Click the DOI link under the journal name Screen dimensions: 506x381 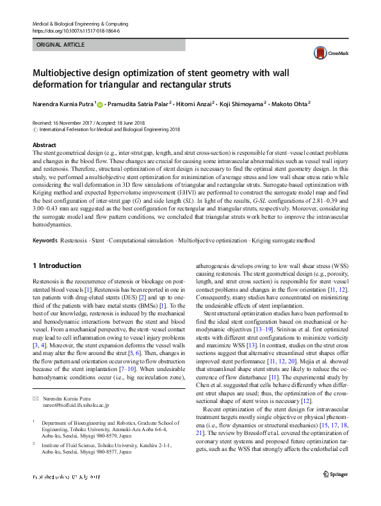[x=76, y=30]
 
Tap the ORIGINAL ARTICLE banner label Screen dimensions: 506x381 [x=61, y=45]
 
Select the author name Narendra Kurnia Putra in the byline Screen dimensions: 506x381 [x=63, y=103]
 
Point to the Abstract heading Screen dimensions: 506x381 [x=44, y=145]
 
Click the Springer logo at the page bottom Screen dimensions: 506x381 [x=336, y=491]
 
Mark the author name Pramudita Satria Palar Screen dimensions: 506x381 [x=138, y=103]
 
